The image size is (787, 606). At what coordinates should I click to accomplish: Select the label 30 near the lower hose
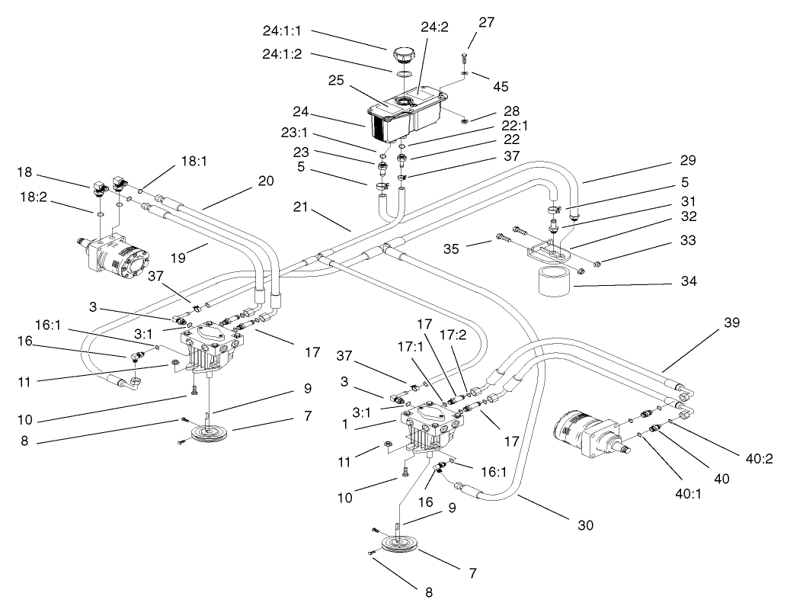click(x=585, y=525)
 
